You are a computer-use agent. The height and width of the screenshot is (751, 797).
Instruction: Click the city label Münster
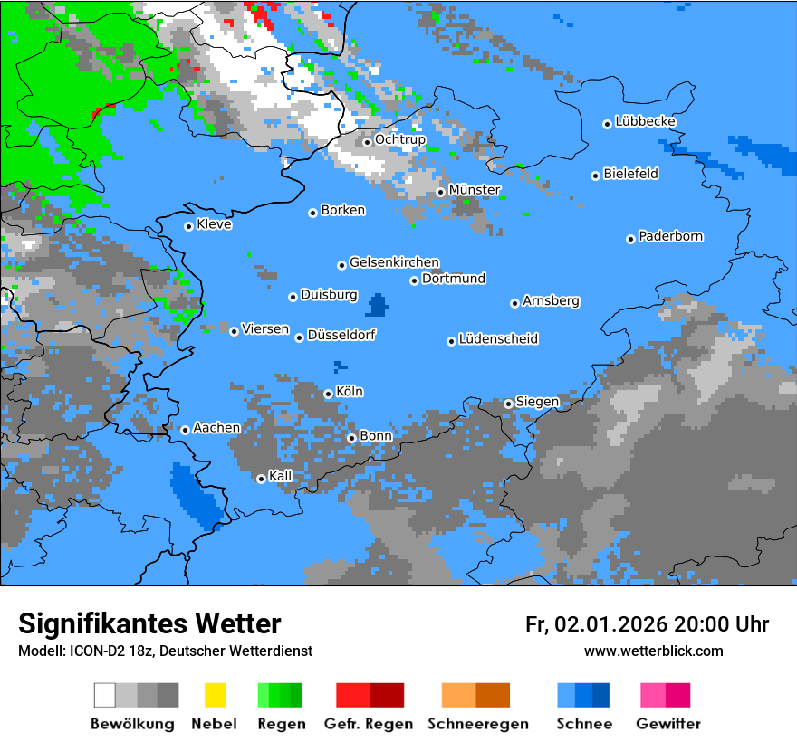[475, 190]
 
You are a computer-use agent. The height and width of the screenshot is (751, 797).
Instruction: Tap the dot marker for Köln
[328, 394]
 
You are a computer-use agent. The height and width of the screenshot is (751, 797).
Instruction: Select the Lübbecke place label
[645, 121]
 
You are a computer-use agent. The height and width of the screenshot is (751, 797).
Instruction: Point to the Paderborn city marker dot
[630, 239]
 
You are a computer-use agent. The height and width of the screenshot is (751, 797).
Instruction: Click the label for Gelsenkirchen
[394, 263]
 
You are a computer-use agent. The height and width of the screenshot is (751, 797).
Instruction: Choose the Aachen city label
[216, 428]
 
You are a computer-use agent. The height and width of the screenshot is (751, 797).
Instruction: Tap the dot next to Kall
[261, 479]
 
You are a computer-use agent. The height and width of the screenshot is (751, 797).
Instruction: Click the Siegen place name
[537, 402]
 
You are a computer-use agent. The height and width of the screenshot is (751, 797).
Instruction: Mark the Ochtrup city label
[399, 140]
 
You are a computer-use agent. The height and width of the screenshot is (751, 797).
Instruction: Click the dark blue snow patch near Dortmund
[376, 305]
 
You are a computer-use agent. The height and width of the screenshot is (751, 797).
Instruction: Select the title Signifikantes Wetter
[149, 624]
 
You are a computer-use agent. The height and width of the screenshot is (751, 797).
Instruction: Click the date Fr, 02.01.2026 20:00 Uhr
[647, 624]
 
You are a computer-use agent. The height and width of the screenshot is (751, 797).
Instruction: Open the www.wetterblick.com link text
[653, 651]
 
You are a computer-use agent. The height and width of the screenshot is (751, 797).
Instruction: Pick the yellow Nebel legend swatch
[215, 695]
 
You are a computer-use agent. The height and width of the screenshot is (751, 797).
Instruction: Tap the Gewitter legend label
[667, 724]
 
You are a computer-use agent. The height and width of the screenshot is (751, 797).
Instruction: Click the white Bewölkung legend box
[105, 695]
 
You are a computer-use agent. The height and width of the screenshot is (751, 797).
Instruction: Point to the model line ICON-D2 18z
[165, 651]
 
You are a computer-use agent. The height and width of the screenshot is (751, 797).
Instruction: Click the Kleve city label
[214, 224]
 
